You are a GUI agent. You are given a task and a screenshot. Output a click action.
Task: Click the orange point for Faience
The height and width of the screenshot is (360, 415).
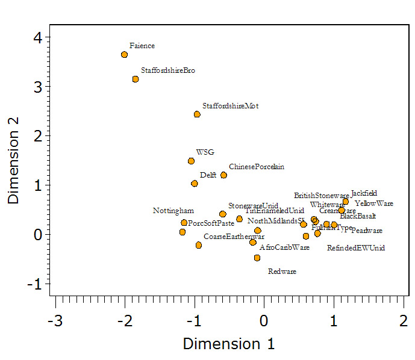tap(124, 55)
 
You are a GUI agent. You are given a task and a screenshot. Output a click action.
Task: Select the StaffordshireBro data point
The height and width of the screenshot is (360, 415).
tap(136, 79)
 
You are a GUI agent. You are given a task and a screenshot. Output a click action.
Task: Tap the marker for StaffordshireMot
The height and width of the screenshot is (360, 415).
tap(197, 114)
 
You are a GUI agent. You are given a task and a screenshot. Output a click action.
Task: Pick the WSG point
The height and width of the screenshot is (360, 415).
tap(191, 161)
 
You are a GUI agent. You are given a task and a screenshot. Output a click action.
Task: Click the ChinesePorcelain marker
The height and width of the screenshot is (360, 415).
tap(223, 175)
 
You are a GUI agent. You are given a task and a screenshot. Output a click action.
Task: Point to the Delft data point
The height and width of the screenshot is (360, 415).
tap(195, 184)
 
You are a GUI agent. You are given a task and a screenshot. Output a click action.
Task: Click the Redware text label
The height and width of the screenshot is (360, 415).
tap(282, 272)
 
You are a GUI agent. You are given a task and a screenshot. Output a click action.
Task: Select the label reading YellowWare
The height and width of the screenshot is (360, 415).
tap(373, 203)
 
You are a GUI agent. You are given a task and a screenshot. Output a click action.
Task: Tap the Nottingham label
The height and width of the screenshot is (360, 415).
tap(173, 211)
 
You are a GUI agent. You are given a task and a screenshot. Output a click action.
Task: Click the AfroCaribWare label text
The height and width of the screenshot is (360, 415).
tap(284, 247)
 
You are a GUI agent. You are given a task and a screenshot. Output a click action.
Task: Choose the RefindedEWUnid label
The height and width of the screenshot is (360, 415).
tap(355, 247)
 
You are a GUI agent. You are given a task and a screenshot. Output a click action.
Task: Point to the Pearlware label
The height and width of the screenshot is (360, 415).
tap(366, 231)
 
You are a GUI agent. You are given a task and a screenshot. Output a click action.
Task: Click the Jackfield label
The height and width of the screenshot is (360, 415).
tap(364, 193)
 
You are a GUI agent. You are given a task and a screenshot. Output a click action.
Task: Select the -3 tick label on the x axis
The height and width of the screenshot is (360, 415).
tap(55, 320)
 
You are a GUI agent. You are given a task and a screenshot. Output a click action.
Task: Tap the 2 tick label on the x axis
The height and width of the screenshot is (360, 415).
tap(403, 320)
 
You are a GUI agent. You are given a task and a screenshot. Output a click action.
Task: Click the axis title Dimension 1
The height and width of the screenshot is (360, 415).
tap(229, 344)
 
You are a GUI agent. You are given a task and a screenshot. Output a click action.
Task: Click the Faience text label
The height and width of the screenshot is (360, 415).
tap(142, 46)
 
